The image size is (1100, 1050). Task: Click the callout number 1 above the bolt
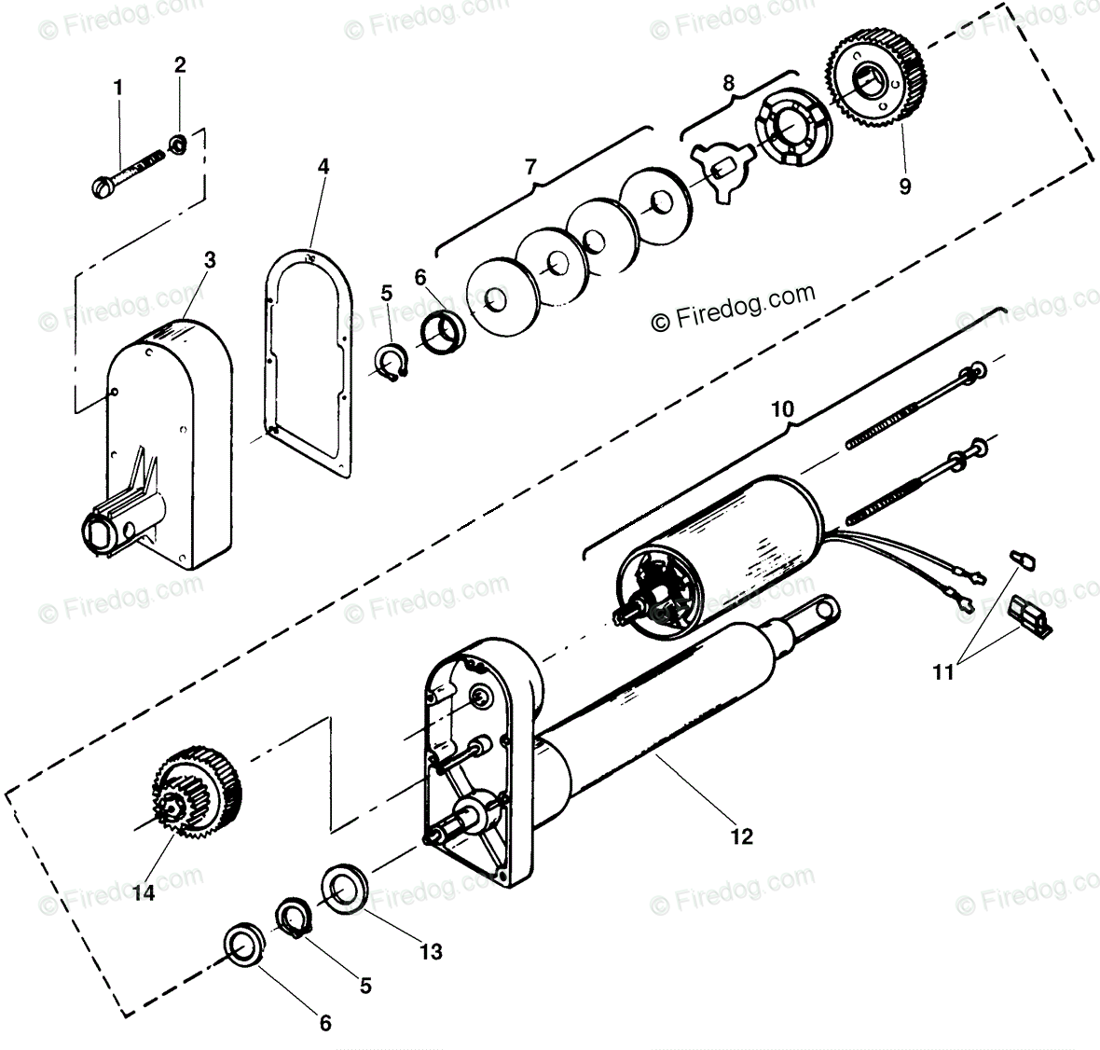point(118,88)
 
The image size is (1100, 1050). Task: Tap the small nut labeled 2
point(176,144)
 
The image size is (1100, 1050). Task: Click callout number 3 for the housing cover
point(210,260)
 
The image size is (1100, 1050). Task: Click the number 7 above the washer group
point(530,168)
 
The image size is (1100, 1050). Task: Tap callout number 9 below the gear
point(904,185)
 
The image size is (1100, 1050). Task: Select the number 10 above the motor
point(782,408)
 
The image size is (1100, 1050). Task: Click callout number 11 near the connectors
point(943,670)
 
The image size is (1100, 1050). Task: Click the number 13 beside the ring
point(431,952)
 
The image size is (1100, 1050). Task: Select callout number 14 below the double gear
point(143,893)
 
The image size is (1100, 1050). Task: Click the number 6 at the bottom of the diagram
point(325,1023)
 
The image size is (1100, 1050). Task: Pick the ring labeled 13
point(344,888)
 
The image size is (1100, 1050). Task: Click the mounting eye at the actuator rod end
point(825,612)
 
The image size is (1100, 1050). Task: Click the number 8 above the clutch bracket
point(728,81)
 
